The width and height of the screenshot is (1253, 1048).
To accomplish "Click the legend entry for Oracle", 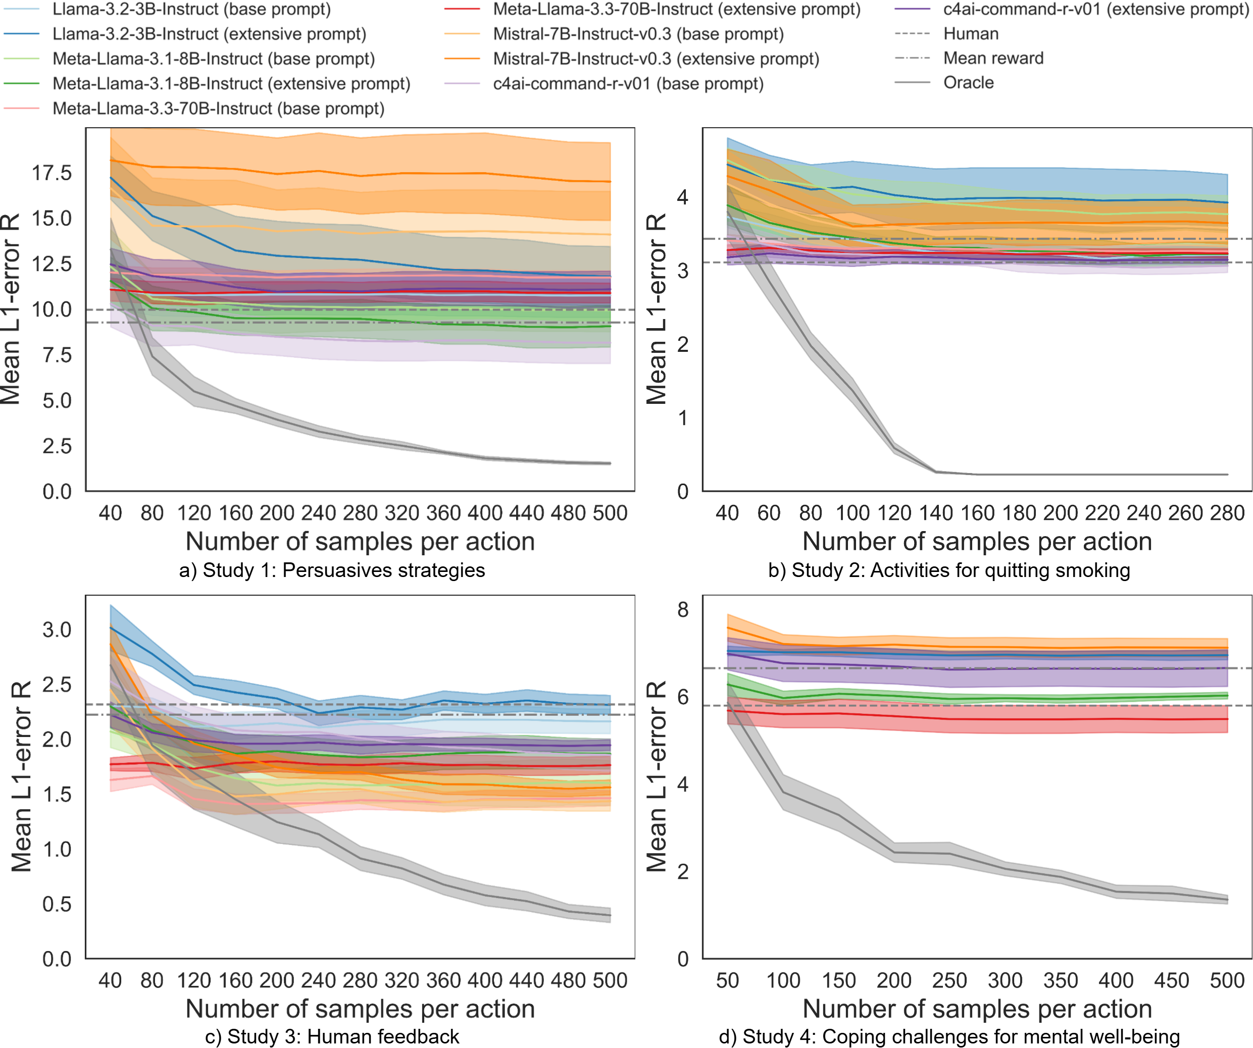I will (x=968, y=83).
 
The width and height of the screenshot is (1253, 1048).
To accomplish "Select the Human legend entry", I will (x=970, y=34).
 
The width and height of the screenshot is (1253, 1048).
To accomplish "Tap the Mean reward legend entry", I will (x=993, y=59).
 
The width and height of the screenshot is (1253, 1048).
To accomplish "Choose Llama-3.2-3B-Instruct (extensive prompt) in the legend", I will (x=209, y=34).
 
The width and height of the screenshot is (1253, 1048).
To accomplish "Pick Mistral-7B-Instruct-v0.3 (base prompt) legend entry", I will (x=638, y=34).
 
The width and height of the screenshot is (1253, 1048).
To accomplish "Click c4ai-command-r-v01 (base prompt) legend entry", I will (x=628, y=83).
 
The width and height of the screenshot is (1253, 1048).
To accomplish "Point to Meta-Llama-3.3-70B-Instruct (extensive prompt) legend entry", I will (x=677, y=10).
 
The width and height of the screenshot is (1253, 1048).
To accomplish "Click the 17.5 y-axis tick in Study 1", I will (x=52, y=173).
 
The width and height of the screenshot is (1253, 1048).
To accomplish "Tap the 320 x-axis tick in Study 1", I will (x=402, y=513).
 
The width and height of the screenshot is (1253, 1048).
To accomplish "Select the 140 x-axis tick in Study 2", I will (x=935, y=513).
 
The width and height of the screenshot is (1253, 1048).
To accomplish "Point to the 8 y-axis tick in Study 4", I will (x=683, y=610).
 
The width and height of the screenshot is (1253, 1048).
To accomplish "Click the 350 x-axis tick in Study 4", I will (x=1060, y=980).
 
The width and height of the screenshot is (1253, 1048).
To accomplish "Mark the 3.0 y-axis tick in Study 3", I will (x=57, y=630).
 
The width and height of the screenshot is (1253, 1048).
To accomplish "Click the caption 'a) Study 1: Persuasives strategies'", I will (x=332, y=570).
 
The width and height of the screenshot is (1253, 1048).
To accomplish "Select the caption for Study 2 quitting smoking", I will (x=948, y=570).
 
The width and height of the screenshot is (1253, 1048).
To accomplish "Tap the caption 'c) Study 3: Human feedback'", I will (x=332, y=1037).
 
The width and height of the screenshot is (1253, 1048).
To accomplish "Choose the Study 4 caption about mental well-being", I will (x=948, y=1037).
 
